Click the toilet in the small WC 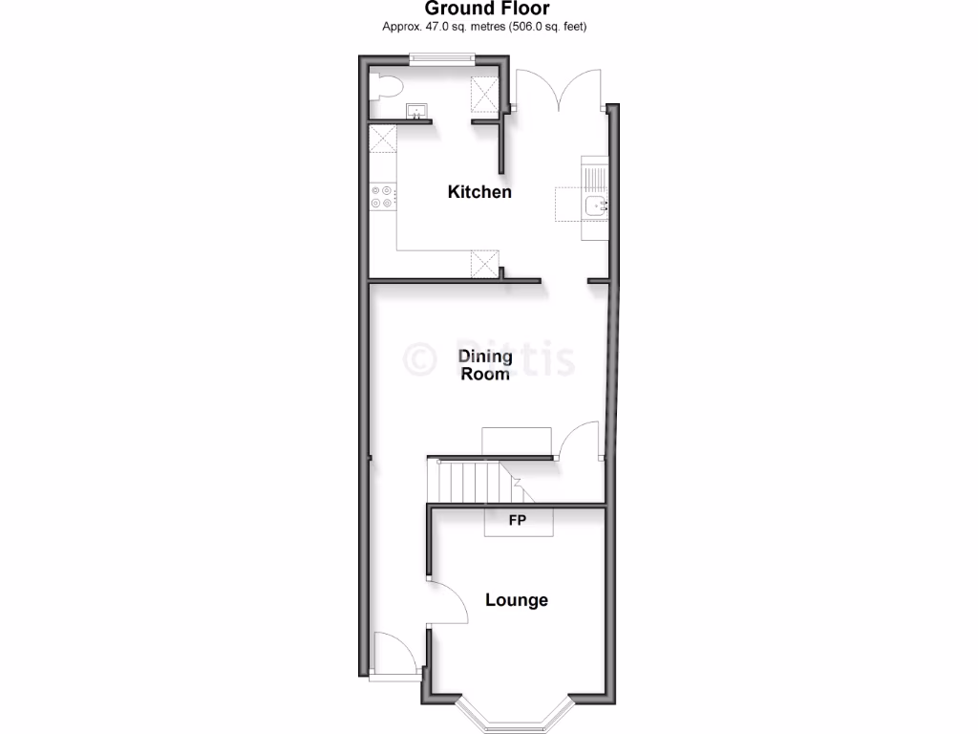click(x=386, y=87)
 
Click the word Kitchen click(x=479, y=192)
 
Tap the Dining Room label click(x=485, y=365)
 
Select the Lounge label click(x=517, y=600)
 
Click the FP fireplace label click(x=517, y=521)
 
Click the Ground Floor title click(x=487, y=9)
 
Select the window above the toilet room click(x=440, y=58)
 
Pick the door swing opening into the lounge click(x=447, y=602)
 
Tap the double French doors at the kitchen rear click(x=560, y=91)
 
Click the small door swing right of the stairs click(x=580, y=443)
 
